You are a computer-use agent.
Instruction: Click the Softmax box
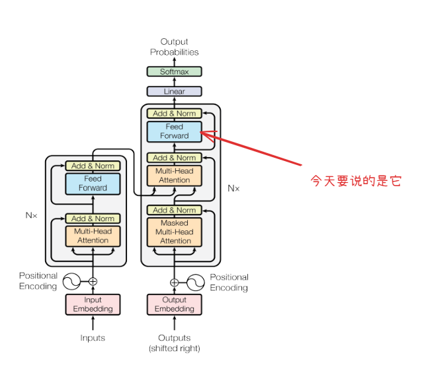[x=174, y=71]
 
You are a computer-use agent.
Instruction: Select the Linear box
[x=174, y=91]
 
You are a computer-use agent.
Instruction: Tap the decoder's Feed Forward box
[x=174, y=131]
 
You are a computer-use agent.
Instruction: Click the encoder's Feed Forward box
[x=93, y=183]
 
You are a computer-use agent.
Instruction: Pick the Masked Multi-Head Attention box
[x=174, y=232]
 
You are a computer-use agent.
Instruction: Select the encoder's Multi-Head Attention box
[x=93, y=236]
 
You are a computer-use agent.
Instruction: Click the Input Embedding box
[x=93, y=304]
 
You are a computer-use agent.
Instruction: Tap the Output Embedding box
[x=174, y=304]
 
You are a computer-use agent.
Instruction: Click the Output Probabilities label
[x=174, y=47]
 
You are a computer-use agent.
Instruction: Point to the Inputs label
[x=93, y=338]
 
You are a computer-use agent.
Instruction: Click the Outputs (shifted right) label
[x=174, y=343]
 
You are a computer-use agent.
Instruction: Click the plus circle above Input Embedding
[x=93, y=281]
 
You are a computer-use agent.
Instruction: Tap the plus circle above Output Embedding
[x=174, y=283]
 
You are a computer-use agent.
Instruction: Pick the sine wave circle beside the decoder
[x=195, y=283]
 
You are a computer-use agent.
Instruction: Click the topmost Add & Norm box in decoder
[x=174, y=114]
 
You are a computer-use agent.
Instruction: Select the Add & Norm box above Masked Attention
[x=174, y=210]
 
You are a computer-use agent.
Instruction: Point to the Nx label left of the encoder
[x=31, y=215]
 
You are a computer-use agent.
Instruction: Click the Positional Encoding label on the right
[x=229, y=283]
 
